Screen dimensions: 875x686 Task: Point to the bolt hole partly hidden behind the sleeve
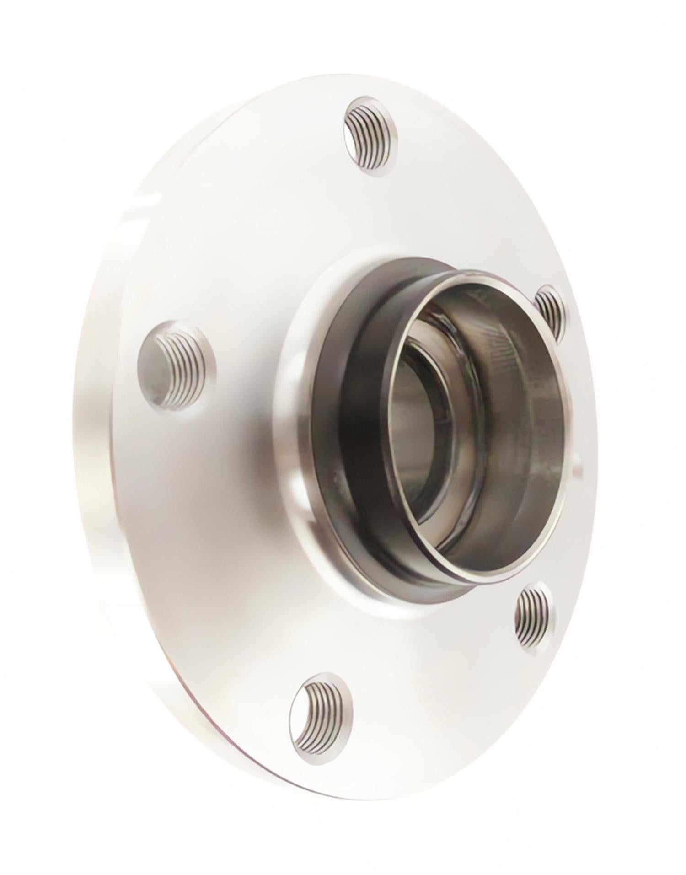click(550, 311)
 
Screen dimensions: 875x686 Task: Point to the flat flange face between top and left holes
click(256, 229)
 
